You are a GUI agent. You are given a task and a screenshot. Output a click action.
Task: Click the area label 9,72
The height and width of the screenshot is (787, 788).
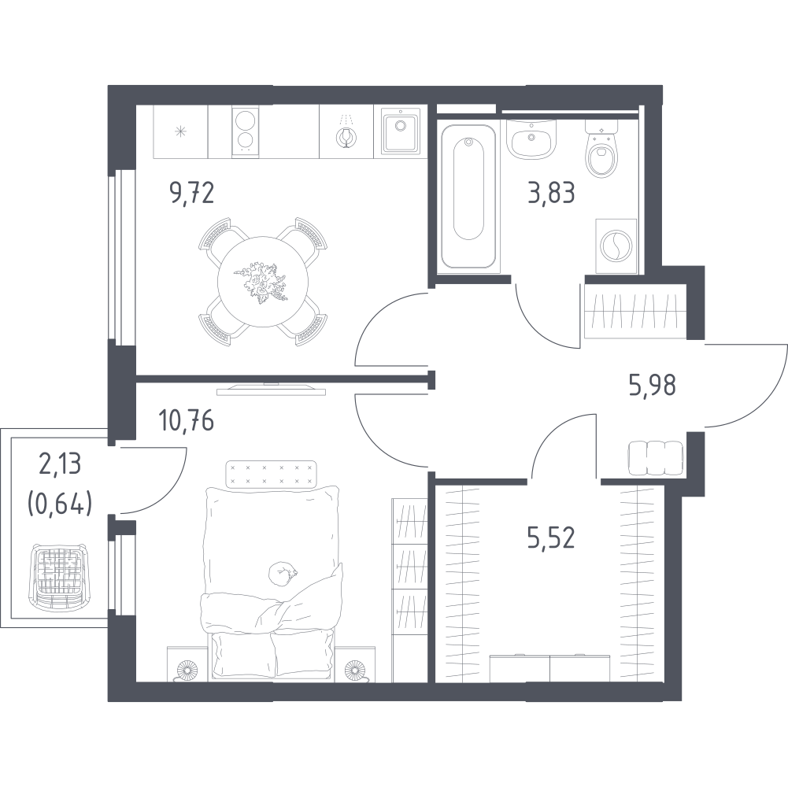pos(192,193)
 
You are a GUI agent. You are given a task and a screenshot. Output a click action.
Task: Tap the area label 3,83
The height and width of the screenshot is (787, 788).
pos(551,193)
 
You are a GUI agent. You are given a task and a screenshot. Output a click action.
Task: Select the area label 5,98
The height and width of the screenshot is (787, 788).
pos(653,385)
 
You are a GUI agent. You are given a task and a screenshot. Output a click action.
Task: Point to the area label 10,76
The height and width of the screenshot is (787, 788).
pos(186,420)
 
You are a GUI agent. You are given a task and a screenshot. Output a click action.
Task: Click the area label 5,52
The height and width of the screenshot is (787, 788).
pos(551,538)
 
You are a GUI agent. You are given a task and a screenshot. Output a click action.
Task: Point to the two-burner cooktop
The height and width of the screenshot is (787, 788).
pos(246,131)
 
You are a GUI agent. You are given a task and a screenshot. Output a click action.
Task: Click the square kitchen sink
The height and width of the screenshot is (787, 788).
pos(401,131)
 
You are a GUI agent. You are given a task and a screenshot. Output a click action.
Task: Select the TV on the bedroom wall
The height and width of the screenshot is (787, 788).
pos(271,389)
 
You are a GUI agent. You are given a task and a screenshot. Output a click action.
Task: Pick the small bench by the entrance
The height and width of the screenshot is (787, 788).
pos(655,458)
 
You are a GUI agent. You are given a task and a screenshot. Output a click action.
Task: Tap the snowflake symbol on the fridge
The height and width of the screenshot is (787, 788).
pos(180,131)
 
